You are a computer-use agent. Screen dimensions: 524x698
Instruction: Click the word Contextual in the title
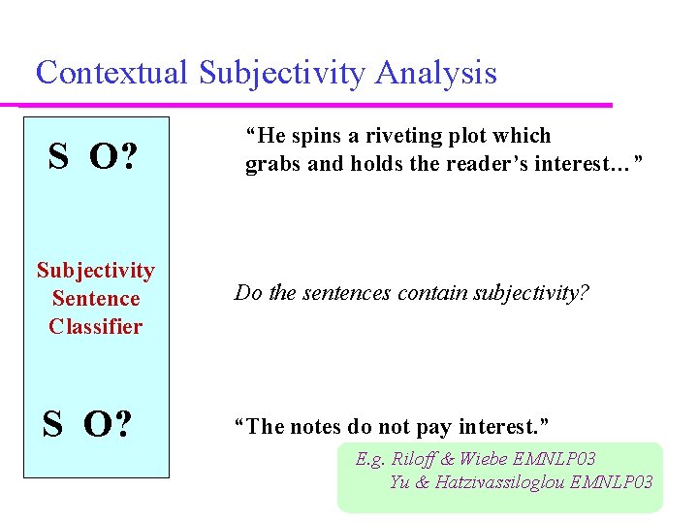click(x=112, y=73)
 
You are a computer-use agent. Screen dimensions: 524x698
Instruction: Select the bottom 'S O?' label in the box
click(x=88, y=424)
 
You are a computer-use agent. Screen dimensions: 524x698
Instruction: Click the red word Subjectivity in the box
click(x=95, y=271)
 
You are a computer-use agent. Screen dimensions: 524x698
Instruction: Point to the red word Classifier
click(x=95, y=327)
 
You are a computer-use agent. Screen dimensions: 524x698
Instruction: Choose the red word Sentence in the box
click(x=95, y=299)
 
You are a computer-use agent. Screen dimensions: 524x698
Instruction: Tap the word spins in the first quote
click(x=301, y=136)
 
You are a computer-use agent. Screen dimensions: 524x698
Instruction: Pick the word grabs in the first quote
click(x=272, y=164)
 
